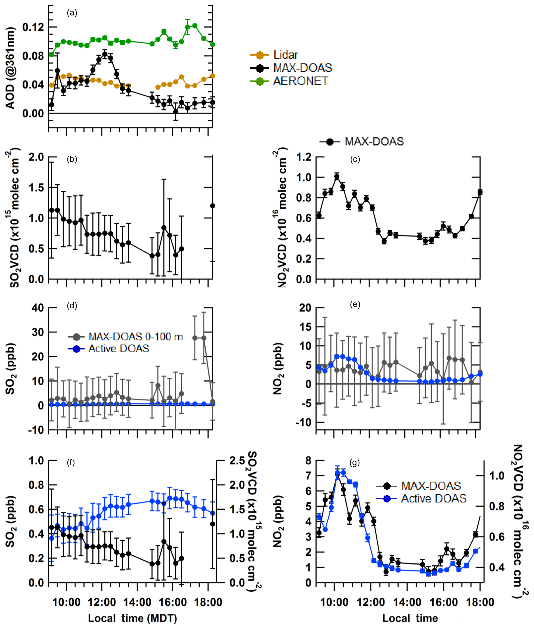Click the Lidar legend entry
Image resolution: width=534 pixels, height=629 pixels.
pyautogui.click(x=285, y=55)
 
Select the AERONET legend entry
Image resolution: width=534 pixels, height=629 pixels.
pyautogui.click(x=300, y=81)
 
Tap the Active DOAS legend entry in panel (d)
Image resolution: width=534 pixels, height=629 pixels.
pyautogui.click(x=118, y=349)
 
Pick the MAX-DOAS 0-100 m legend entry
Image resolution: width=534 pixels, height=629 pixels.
pyautogui.click(x=135, y=337)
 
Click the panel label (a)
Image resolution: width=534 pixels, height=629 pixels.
pyautogui.click(x=72, y=13)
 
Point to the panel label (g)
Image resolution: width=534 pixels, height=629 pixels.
pyautogui.click(x=354, y=463)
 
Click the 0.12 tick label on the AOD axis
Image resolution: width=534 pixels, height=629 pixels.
pyautogui.click(x=33, y=27)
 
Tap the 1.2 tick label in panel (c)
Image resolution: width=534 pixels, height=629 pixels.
pyautogui.click(x=304, y=157)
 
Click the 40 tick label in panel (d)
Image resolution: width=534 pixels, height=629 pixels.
pyautogui.click(x=38, y=308)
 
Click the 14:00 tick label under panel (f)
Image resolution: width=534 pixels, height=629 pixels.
pyautogui.click(x=137, y=602)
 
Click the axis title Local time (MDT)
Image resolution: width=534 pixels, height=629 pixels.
pyautogui.click(x=132, y=618)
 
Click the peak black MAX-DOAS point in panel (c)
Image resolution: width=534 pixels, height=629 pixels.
pyautogui.click(x=337, y=176)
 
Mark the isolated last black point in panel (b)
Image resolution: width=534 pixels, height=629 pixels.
pyautogui.click(x=213, y=206)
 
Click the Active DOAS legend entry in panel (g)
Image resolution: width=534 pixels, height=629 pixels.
pyautogui.click(x=433, y=498)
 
